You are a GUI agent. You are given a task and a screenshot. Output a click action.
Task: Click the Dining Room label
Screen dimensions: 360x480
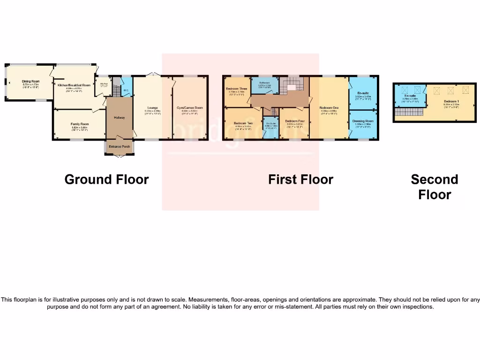point(30,82)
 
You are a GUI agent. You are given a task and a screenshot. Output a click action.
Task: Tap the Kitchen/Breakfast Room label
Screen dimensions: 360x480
point(74,85)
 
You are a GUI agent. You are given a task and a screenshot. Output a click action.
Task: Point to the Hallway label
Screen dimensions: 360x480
point(119,117)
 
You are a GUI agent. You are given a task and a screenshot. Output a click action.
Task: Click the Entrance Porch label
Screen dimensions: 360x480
point(119,147)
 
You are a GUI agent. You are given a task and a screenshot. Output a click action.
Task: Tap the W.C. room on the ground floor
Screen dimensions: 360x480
point(126,90)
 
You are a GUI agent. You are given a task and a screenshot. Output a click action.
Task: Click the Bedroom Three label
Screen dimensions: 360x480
point(236,89)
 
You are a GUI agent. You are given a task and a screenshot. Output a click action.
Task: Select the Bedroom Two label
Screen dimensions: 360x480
point(243,123)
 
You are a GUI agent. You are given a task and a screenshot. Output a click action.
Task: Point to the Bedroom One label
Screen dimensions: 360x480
point(329,107)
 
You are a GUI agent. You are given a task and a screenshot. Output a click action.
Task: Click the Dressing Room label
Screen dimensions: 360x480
point(363,121)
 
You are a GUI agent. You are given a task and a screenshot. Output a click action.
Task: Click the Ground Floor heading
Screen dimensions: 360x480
point(106,180)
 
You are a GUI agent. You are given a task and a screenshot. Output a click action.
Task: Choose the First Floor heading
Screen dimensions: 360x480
point(300,180)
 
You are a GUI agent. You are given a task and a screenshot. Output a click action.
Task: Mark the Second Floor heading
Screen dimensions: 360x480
point(435,187)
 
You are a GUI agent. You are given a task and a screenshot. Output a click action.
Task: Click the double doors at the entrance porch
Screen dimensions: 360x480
point(119,156)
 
